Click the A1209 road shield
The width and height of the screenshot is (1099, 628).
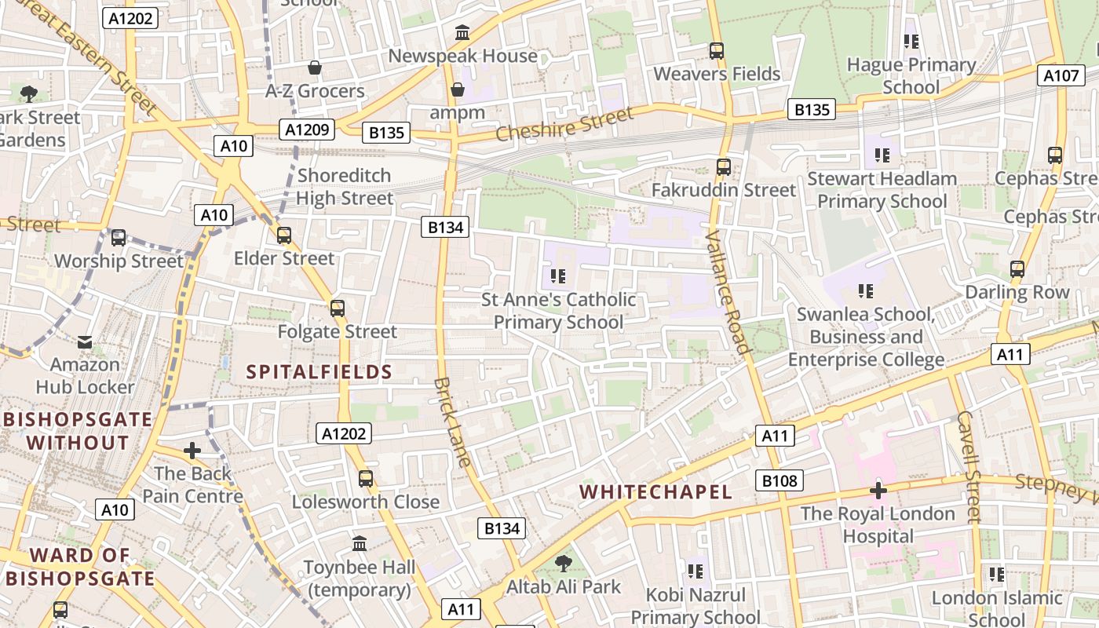(308, 130)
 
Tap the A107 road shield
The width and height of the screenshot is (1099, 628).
(1061, 75)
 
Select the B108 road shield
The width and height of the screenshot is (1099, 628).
(780, 480)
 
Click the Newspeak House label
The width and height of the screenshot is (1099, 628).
(462, 56)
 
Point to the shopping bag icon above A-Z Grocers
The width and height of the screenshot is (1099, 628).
(315, 68)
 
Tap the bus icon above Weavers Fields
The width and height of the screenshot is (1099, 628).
(716, 51)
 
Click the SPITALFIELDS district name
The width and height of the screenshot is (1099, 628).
(319, 372)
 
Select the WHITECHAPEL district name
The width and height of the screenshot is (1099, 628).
(655, 492)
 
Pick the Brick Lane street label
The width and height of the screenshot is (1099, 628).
(452, 422)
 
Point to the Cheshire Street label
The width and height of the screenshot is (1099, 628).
(564, 125)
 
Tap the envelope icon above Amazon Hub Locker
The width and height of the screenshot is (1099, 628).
(85, 342)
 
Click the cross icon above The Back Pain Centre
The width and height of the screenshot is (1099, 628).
(192, 451)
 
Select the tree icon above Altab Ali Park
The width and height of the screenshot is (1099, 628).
(563, 563)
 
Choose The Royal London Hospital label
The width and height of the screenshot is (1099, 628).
(878, 525)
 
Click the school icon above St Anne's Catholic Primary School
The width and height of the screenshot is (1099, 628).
(558, 276)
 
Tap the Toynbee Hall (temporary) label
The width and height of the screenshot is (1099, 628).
(359, 579)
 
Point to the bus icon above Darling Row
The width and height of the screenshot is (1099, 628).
(1017, 269)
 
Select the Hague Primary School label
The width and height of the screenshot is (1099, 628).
(911, 75)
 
